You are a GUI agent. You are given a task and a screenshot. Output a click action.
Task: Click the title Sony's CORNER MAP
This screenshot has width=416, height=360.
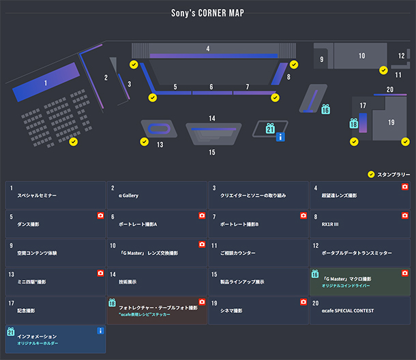tap(208, 13)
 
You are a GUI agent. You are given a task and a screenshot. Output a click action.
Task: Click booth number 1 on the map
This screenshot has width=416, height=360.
tap(46, 83)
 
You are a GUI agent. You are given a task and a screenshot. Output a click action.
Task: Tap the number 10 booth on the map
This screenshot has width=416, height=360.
tap(361, 57)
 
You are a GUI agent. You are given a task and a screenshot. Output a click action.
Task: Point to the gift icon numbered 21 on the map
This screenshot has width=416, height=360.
tap(270, 127)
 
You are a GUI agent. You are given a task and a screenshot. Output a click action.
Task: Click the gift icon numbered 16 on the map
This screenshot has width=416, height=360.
tap(325, 109)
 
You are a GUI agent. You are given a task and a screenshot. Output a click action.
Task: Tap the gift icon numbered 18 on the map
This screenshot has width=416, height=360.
tap(353, 123)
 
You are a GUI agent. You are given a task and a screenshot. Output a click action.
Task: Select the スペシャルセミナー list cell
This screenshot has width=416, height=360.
tap(55, 196)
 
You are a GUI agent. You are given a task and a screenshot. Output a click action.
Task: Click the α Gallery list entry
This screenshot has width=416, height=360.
tap(157, 196)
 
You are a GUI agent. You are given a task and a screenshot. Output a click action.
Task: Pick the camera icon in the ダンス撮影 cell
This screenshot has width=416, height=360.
tap(100, 215)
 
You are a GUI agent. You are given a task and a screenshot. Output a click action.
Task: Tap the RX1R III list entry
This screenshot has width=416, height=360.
tap(359, 224)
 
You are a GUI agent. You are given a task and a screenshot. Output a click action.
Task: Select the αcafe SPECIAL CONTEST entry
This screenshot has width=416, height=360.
tap(359, 310)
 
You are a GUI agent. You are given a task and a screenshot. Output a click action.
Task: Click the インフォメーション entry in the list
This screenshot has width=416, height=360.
tap(55, 339)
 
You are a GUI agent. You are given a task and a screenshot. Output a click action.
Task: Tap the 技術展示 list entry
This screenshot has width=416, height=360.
tap(157, 282)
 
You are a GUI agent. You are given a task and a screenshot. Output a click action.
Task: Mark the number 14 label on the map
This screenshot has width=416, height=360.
tap(212, 119)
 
